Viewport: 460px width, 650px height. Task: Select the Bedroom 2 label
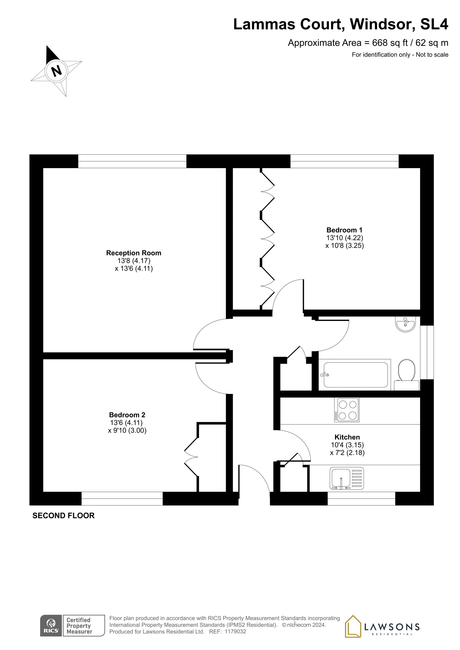[x=127, y=415]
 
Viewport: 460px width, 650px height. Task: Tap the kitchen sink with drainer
[x=347, y=478]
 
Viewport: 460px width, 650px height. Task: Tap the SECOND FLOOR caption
[x=63, y=516]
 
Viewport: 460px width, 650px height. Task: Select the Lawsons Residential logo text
[x=392, y=627]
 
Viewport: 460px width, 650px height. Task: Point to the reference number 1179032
[x=235, y=639]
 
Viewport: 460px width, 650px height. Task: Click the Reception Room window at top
[x=132, y=161]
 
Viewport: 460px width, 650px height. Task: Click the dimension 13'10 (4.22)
[x=344, y=238]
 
